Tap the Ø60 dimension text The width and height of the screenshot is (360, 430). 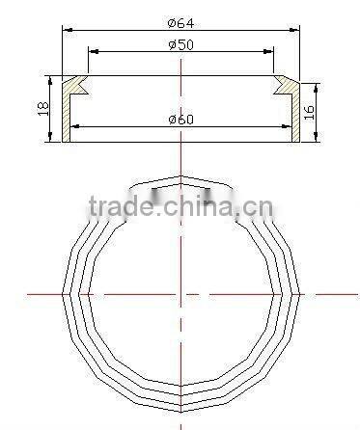[x=180, y=120]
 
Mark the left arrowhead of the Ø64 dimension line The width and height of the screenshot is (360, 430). [x=68, y=30]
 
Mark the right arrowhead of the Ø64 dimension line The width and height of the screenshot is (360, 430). [x=293, y=30]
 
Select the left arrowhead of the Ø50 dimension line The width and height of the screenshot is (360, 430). [x=92, y=52]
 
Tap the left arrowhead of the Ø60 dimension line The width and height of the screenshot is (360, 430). [x=77, y=126]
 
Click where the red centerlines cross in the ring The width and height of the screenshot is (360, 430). [x=180, y=294]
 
